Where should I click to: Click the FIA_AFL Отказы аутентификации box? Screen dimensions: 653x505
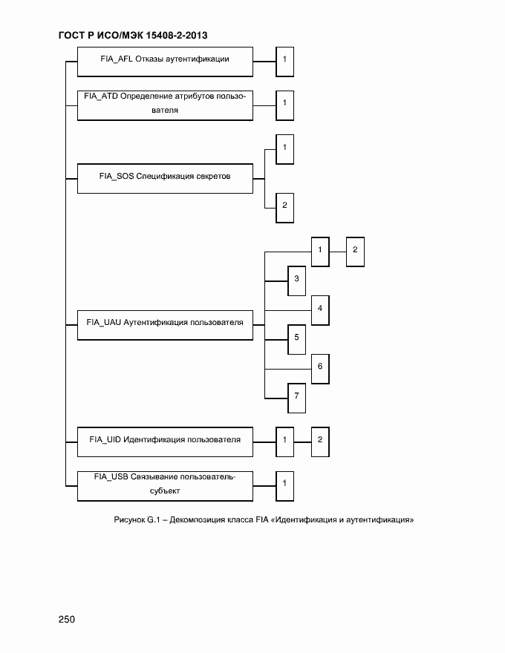pyautogui.click(x=164, y=62)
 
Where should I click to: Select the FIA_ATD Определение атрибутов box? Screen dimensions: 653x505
pyautogui.click(x=164, y=104)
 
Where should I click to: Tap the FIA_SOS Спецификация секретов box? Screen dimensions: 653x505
pyautogui.click(x=164, y=178)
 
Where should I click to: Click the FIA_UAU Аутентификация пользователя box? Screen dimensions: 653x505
pyautogui.click(x=164, y=324)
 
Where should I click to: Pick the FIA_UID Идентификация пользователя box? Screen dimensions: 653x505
pyautogui.click(x=164, y=441)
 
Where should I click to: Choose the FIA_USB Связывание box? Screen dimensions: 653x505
pyautogui.click(x=164, y=485)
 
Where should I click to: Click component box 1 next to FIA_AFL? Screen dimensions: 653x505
pyautogui.click(x=284, y=60)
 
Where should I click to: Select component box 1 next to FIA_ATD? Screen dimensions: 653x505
pyautogui.click(x=284, y=104)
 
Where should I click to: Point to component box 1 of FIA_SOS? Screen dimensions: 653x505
pyautogui.click(x=284, y=148)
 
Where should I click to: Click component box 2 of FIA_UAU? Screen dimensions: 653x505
pyautogui.click(x=355, y=251)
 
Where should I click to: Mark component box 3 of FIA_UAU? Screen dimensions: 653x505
pyautogui.click(x=296, y=280)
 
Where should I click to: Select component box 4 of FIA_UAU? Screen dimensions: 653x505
pyautogui.click(x=320, y=309)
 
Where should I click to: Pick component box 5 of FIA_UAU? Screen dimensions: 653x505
pyautogui.click(x=296, y=338)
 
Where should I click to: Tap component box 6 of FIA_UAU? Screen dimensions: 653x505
pyautogui.click(x=320, y=367)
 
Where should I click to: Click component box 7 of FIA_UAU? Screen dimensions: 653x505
pyautogui.click(x=296, y=397)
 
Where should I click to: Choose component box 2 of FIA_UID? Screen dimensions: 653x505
pyautogui.click(x=320, y=441)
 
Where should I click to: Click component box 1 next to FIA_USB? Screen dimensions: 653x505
pyautogui.click(x=284, y=485)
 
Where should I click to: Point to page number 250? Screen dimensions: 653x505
pyautogui.click(x=67, y=620)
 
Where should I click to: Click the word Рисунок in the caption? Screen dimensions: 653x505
pyautogui.click(x=130, y=520)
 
